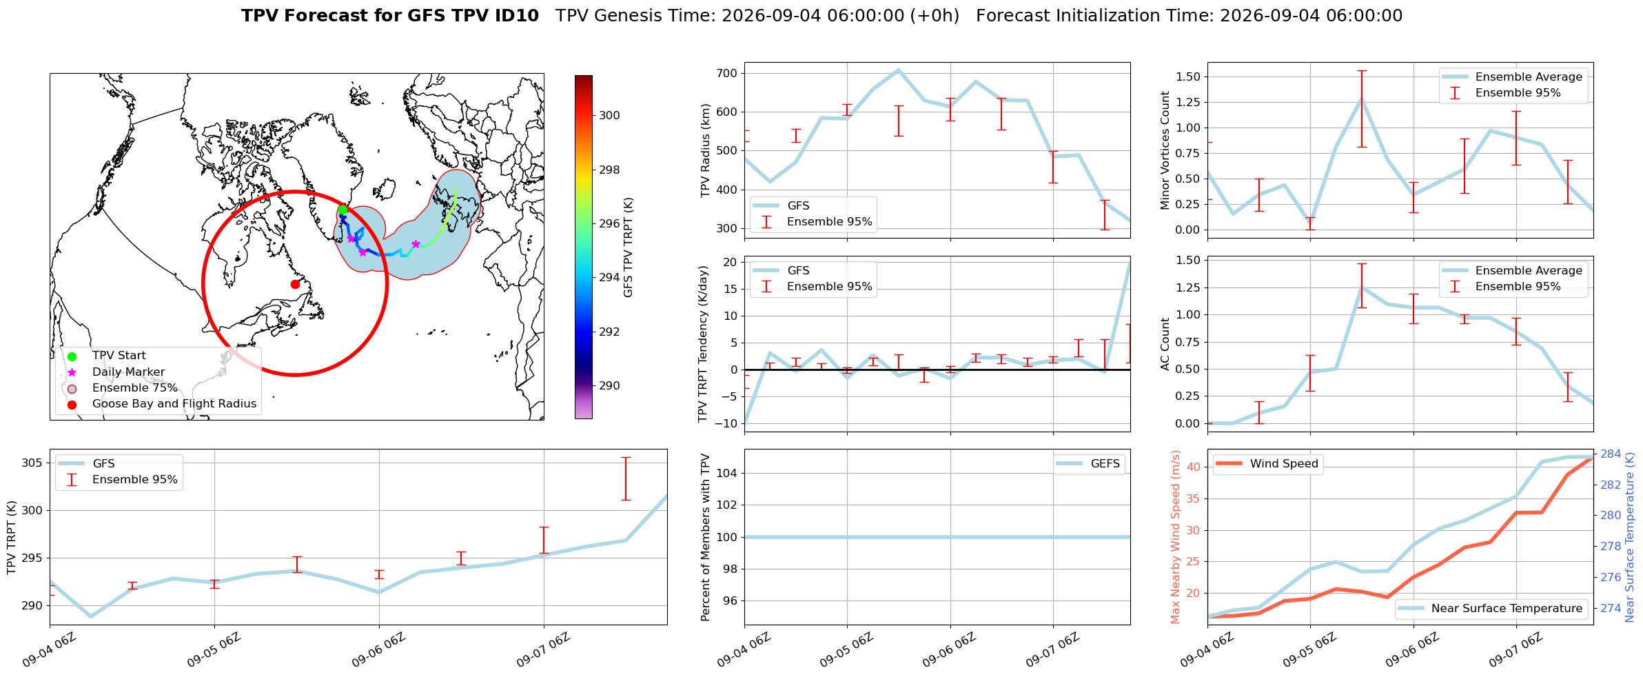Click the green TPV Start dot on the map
coord(343,210)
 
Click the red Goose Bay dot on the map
coord(295,284)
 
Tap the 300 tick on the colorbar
coord(609,115)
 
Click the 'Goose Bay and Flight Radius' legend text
coord(174,404)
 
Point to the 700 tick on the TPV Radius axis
coord(728,73)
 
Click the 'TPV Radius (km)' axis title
coord(705,150)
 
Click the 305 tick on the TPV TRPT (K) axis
coord(32,463)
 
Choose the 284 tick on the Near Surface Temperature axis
coord(1611,454)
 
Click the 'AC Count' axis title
coord(1165,344)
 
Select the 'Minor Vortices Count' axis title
coord(1165,150)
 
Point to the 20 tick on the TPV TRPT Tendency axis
coord(731,262)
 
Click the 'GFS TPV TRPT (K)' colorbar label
coord(628,247)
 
